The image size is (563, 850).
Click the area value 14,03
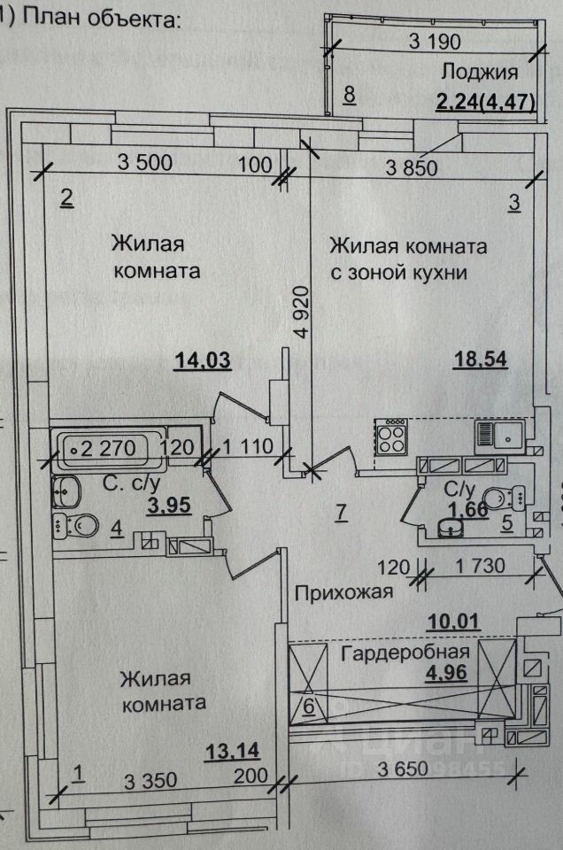point(204,359)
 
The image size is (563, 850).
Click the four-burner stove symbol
point(392,435)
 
